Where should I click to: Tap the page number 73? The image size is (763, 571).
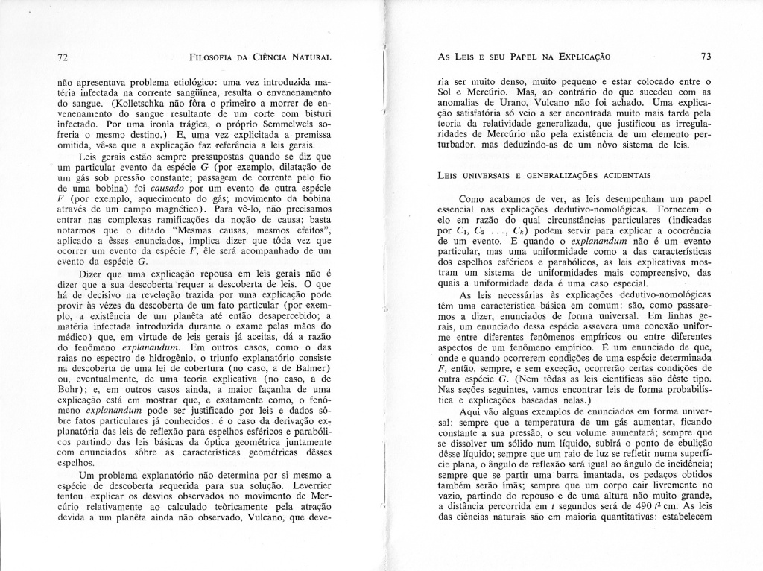706,57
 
